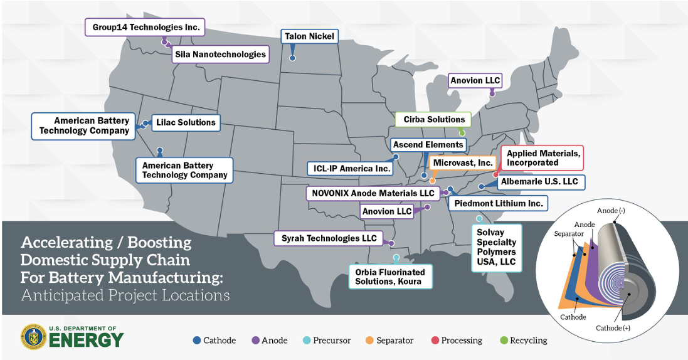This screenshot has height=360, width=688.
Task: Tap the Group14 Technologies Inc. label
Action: click(x=146, y=27)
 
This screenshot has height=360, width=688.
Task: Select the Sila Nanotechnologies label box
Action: click(x=220, y=54)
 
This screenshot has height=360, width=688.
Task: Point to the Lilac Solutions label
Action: click(x=186, y=122)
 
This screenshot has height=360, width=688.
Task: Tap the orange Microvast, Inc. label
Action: click(x=463, y=162)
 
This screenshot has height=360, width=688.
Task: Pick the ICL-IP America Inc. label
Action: click(x=349, y=168)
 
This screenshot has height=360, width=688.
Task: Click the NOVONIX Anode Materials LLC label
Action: click(x=371, y=193)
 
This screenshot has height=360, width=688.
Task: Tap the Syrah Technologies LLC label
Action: click(x=329, y=238)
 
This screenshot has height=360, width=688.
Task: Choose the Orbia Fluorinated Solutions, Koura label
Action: click(x=390, y=277)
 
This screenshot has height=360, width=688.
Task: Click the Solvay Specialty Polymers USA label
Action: click(x=495, y=247)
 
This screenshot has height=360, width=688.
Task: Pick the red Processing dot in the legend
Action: click(x=435, y=341)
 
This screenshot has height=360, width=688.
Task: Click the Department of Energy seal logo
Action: click(x=33, y=337)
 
